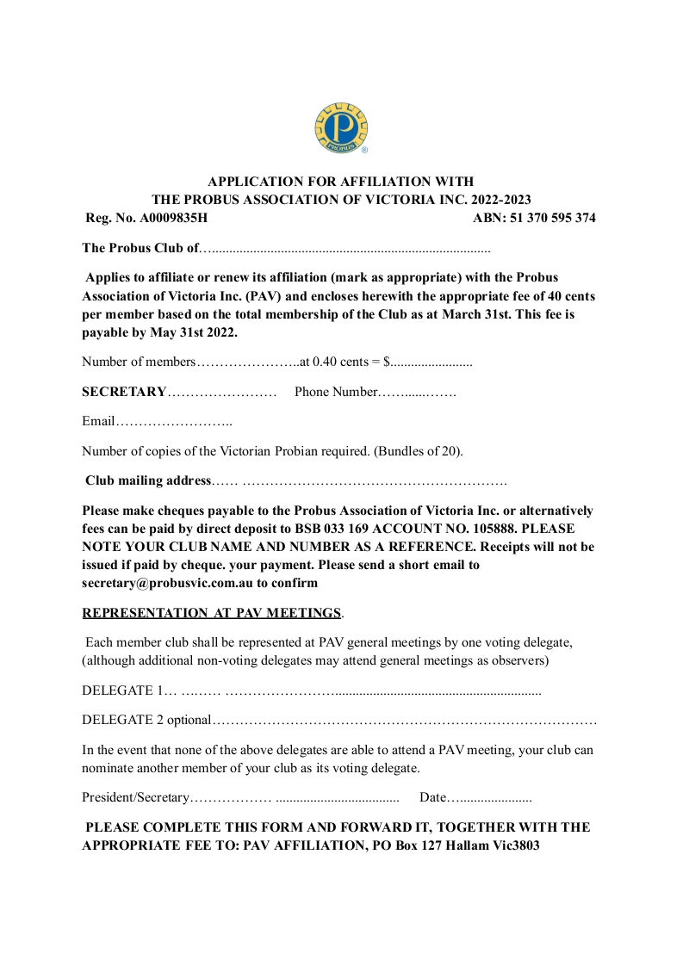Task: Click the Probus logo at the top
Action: (341, 128)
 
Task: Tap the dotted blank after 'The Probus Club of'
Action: (345, 249)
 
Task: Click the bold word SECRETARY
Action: (124, 392)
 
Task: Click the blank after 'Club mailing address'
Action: (370, 480)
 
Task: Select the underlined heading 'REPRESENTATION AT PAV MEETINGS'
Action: (212, 613)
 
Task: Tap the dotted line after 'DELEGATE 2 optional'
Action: (404, 719)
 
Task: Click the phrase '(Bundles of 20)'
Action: (419, 450)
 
